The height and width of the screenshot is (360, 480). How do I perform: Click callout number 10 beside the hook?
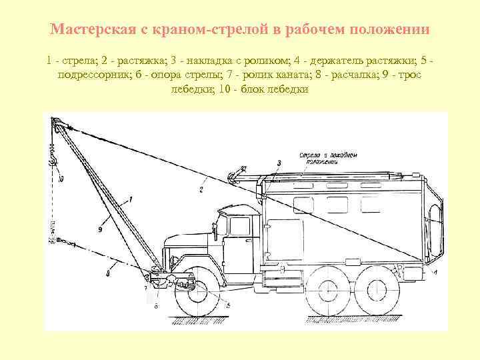[61, 179]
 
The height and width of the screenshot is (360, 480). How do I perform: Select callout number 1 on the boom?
[131, 198]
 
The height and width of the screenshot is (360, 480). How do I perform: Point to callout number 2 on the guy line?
[201, 189]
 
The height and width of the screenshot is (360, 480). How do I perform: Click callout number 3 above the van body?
[279, 163]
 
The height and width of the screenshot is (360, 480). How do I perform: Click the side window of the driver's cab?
[239, 227]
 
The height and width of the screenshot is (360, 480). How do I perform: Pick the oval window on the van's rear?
[437, 223]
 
